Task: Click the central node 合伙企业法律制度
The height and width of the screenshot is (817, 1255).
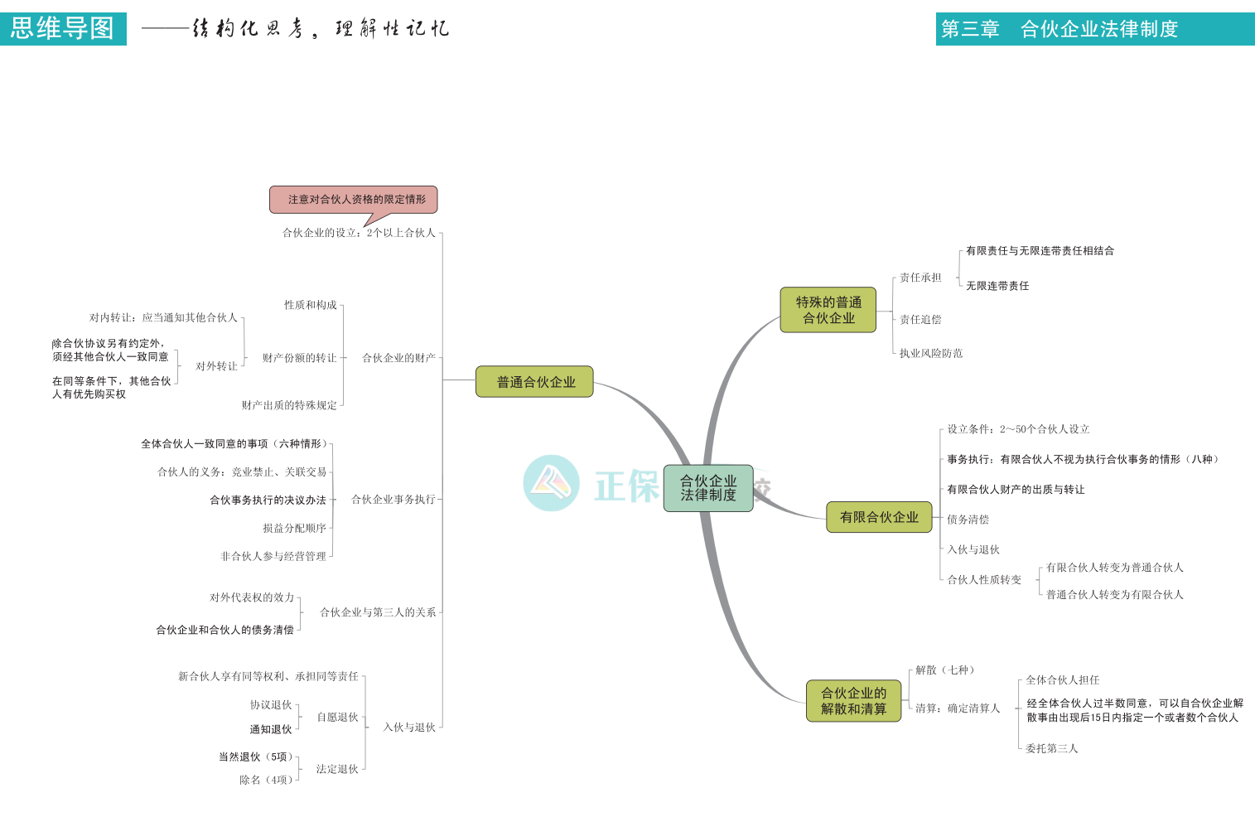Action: click(x=707, y=488)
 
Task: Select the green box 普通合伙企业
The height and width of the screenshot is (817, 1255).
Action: click(x=534, y=382)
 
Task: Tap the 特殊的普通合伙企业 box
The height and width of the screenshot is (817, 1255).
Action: click(x=828, y=310)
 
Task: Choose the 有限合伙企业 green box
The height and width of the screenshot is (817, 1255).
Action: click(x=879, y=517)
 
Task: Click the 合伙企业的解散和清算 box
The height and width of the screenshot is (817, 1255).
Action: click(x=853, y=701)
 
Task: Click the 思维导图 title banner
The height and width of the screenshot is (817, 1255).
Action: click(x=63, y=29)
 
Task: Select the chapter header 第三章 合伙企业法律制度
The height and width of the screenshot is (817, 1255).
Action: click(x=1093, y=29)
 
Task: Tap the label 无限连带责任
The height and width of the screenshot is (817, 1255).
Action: click(x=997, y=286)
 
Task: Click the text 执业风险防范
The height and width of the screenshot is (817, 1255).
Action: click(x=931, y=354)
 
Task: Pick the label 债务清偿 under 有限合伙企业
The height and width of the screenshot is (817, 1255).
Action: click(x=968, y=520)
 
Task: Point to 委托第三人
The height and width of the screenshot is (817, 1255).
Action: click(x=1052, y=748)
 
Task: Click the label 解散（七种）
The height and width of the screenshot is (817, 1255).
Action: click(x=945, y=670)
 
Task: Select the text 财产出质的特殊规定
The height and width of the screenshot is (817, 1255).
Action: click(x=289, y=405)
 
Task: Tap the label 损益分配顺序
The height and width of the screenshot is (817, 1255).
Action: click(x=294, y=528)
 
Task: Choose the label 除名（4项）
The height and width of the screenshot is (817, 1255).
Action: click(x=266, y=780)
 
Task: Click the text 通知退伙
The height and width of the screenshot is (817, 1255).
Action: click(x=271, y=730)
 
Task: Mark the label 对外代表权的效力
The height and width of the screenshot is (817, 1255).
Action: click(x=252, y=597)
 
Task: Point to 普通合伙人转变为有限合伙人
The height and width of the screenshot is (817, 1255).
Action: click(x=1114, y=595)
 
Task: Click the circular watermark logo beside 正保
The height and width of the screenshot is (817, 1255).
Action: click(x=551, y=483)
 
